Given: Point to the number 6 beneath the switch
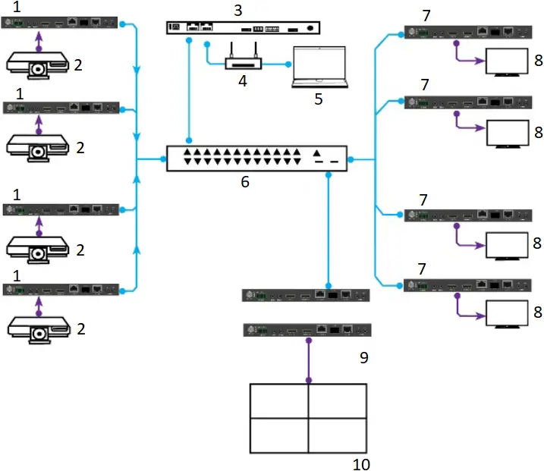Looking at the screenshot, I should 244,182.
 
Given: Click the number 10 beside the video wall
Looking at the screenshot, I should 362,463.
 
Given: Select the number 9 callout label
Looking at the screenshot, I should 363,356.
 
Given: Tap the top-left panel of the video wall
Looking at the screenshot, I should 278,400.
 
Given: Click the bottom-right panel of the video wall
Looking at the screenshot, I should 338,435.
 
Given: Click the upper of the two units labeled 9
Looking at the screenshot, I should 306,295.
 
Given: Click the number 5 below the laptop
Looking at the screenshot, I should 318,99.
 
